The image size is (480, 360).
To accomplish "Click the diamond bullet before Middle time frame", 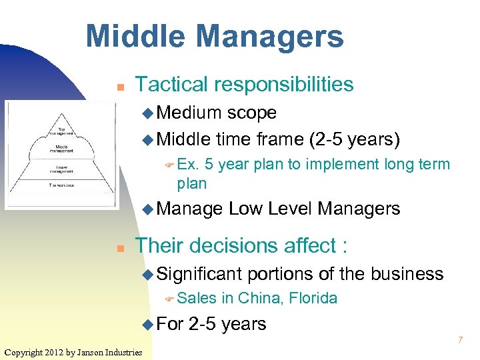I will click(147, 140).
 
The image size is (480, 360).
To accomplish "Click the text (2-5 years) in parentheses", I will click(355, 139).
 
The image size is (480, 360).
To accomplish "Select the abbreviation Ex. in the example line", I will click(189, 165).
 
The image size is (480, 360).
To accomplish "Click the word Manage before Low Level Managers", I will click(191, 209).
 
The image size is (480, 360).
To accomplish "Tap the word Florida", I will click(313, 299).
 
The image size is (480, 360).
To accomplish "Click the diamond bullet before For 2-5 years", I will click(147, 325).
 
